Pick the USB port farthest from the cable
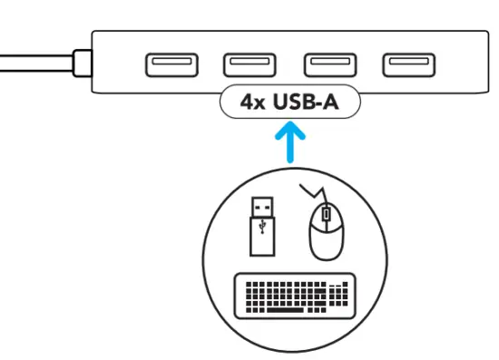pos(399,64)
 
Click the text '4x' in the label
pos(250,101)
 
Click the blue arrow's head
pos(289,131)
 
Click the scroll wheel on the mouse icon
pos(326,218)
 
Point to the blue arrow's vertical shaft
pos(289,151)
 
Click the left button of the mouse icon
pos(318,219)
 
